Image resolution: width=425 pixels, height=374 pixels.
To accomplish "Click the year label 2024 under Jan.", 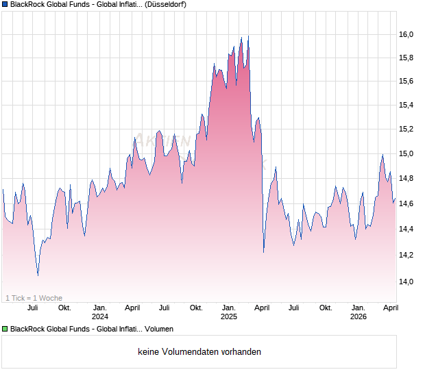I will pyautogui.click(x=100, y=316).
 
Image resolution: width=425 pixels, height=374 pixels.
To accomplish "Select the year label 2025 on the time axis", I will pyautogui.click(x=228, y=316).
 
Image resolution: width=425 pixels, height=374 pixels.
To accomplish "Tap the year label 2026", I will pyautogui.click(x=358, y=316).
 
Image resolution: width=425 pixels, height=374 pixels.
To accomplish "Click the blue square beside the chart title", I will pyautogui.click(x=4, y=5).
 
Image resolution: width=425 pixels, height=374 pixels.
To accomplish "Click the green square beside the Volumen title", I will pyautogui.click(x=4, y=329).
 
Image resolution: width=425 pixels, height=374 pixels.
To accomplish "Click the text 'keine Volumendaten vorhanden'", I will pyautogui.click(x=199, y=352).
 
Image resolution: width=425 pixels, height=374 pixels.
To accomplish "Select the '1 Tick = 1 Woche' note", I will pyautogui.click(x=34, y=298).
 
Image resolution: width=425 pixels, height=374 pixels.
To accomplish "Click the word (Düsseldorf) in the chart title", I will pyautogui.click(x=166, y=5).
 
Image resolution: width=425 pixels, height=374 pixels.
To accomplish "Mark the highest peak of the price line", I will pyautogui.click(x=248, y=36).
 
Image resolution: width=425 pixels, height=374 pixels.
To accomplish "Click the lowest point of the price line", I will pyautogui.click(x=38, y=275).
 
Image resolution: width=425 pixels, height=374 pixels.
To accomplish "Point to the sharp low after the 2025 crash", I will pyautogui.click(x=264, y=252).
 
